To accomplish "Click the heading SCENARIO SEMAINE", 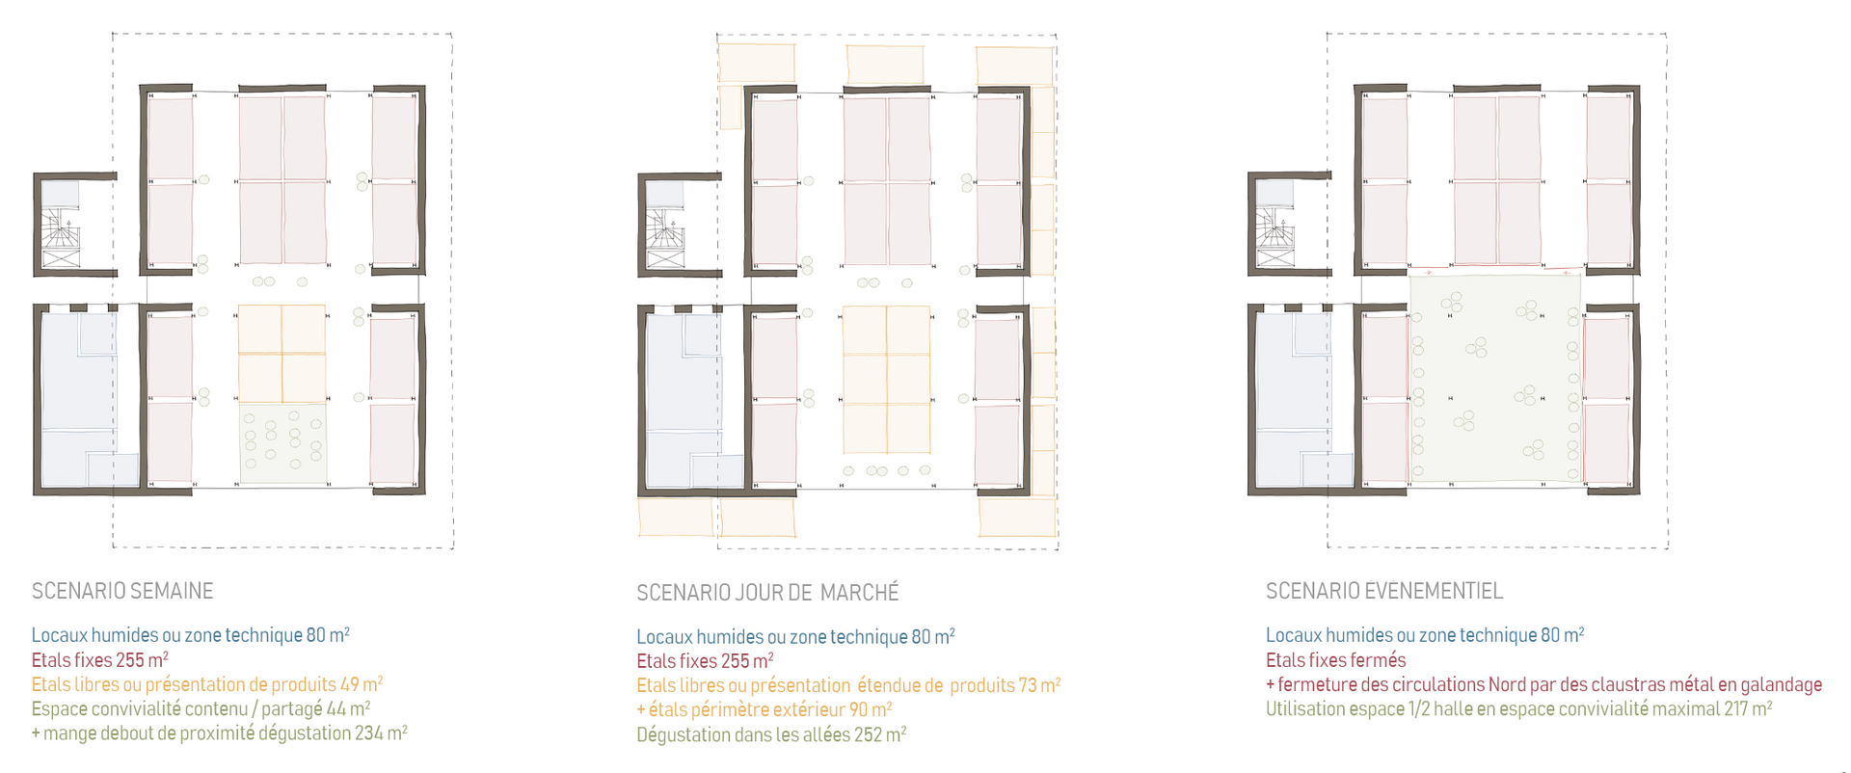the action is pyautogui.click(x=122, y=591).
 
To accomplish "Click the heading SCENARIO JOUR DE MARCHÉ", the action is pyautogui.click(x=767, y=592).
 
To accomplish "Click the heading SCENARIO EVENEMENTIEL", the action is pyautogui.click(x=1384, y=591).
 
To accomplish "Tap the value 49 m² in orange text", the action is pyautogui.click(x=362, y=684).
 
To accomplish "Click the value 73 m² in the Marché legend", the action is pyautogui.click(x=1039, y=685).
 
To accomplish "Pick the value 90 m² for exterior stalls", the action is pyautogui.click(x=870, y=709).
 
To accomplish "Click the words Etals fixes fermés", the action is pyautogui.click(x=1336, y=660).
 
